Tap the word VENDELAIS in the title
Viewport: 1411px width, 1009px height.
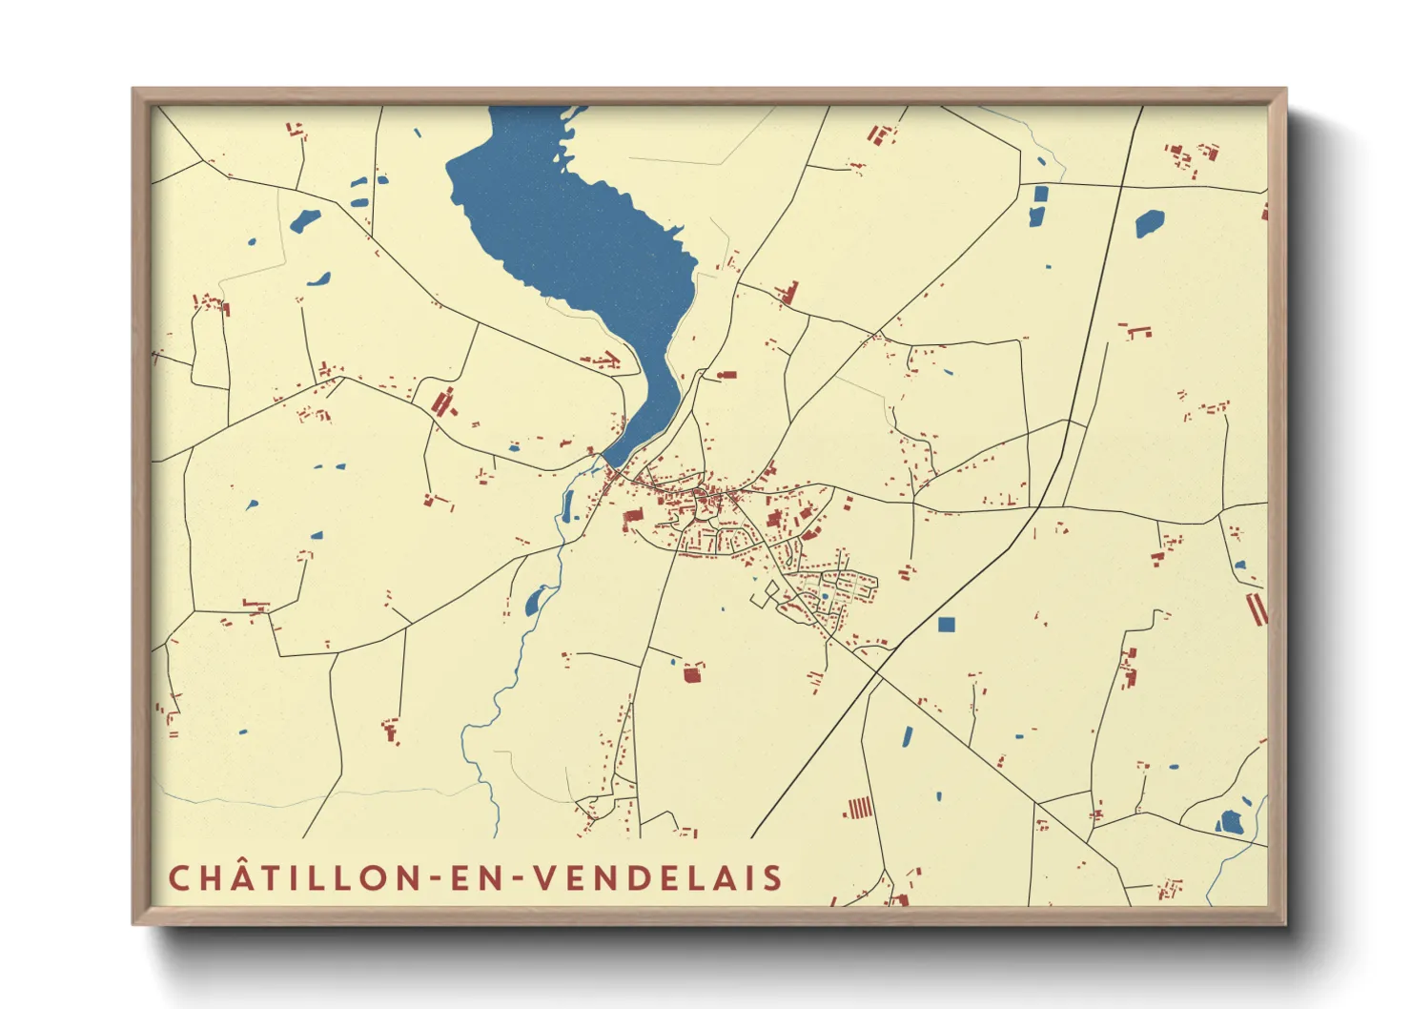[657, 877]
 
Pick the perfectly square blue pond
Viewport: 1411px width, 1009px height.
[946, 625]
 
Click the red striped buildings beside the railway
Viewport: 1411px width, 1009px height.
[860, 809]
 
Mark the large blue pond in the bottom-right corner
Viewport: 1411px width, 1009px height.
[1231, 821]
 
